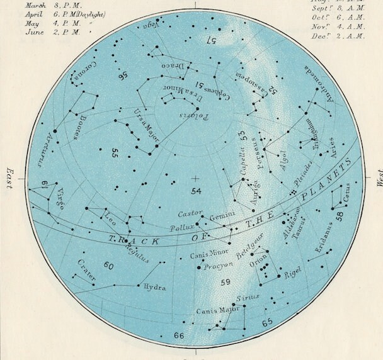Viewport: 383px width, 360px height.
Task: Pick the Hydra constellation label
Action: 155,288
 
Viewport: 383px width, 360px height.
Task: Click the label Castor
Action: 190,213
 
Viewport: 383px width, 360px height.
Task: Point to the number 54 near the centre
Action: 195,190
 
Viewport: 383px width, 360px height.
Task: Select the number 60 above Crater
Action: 108,266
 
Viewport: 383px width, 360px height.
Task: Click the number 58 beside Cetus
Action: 340,215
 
